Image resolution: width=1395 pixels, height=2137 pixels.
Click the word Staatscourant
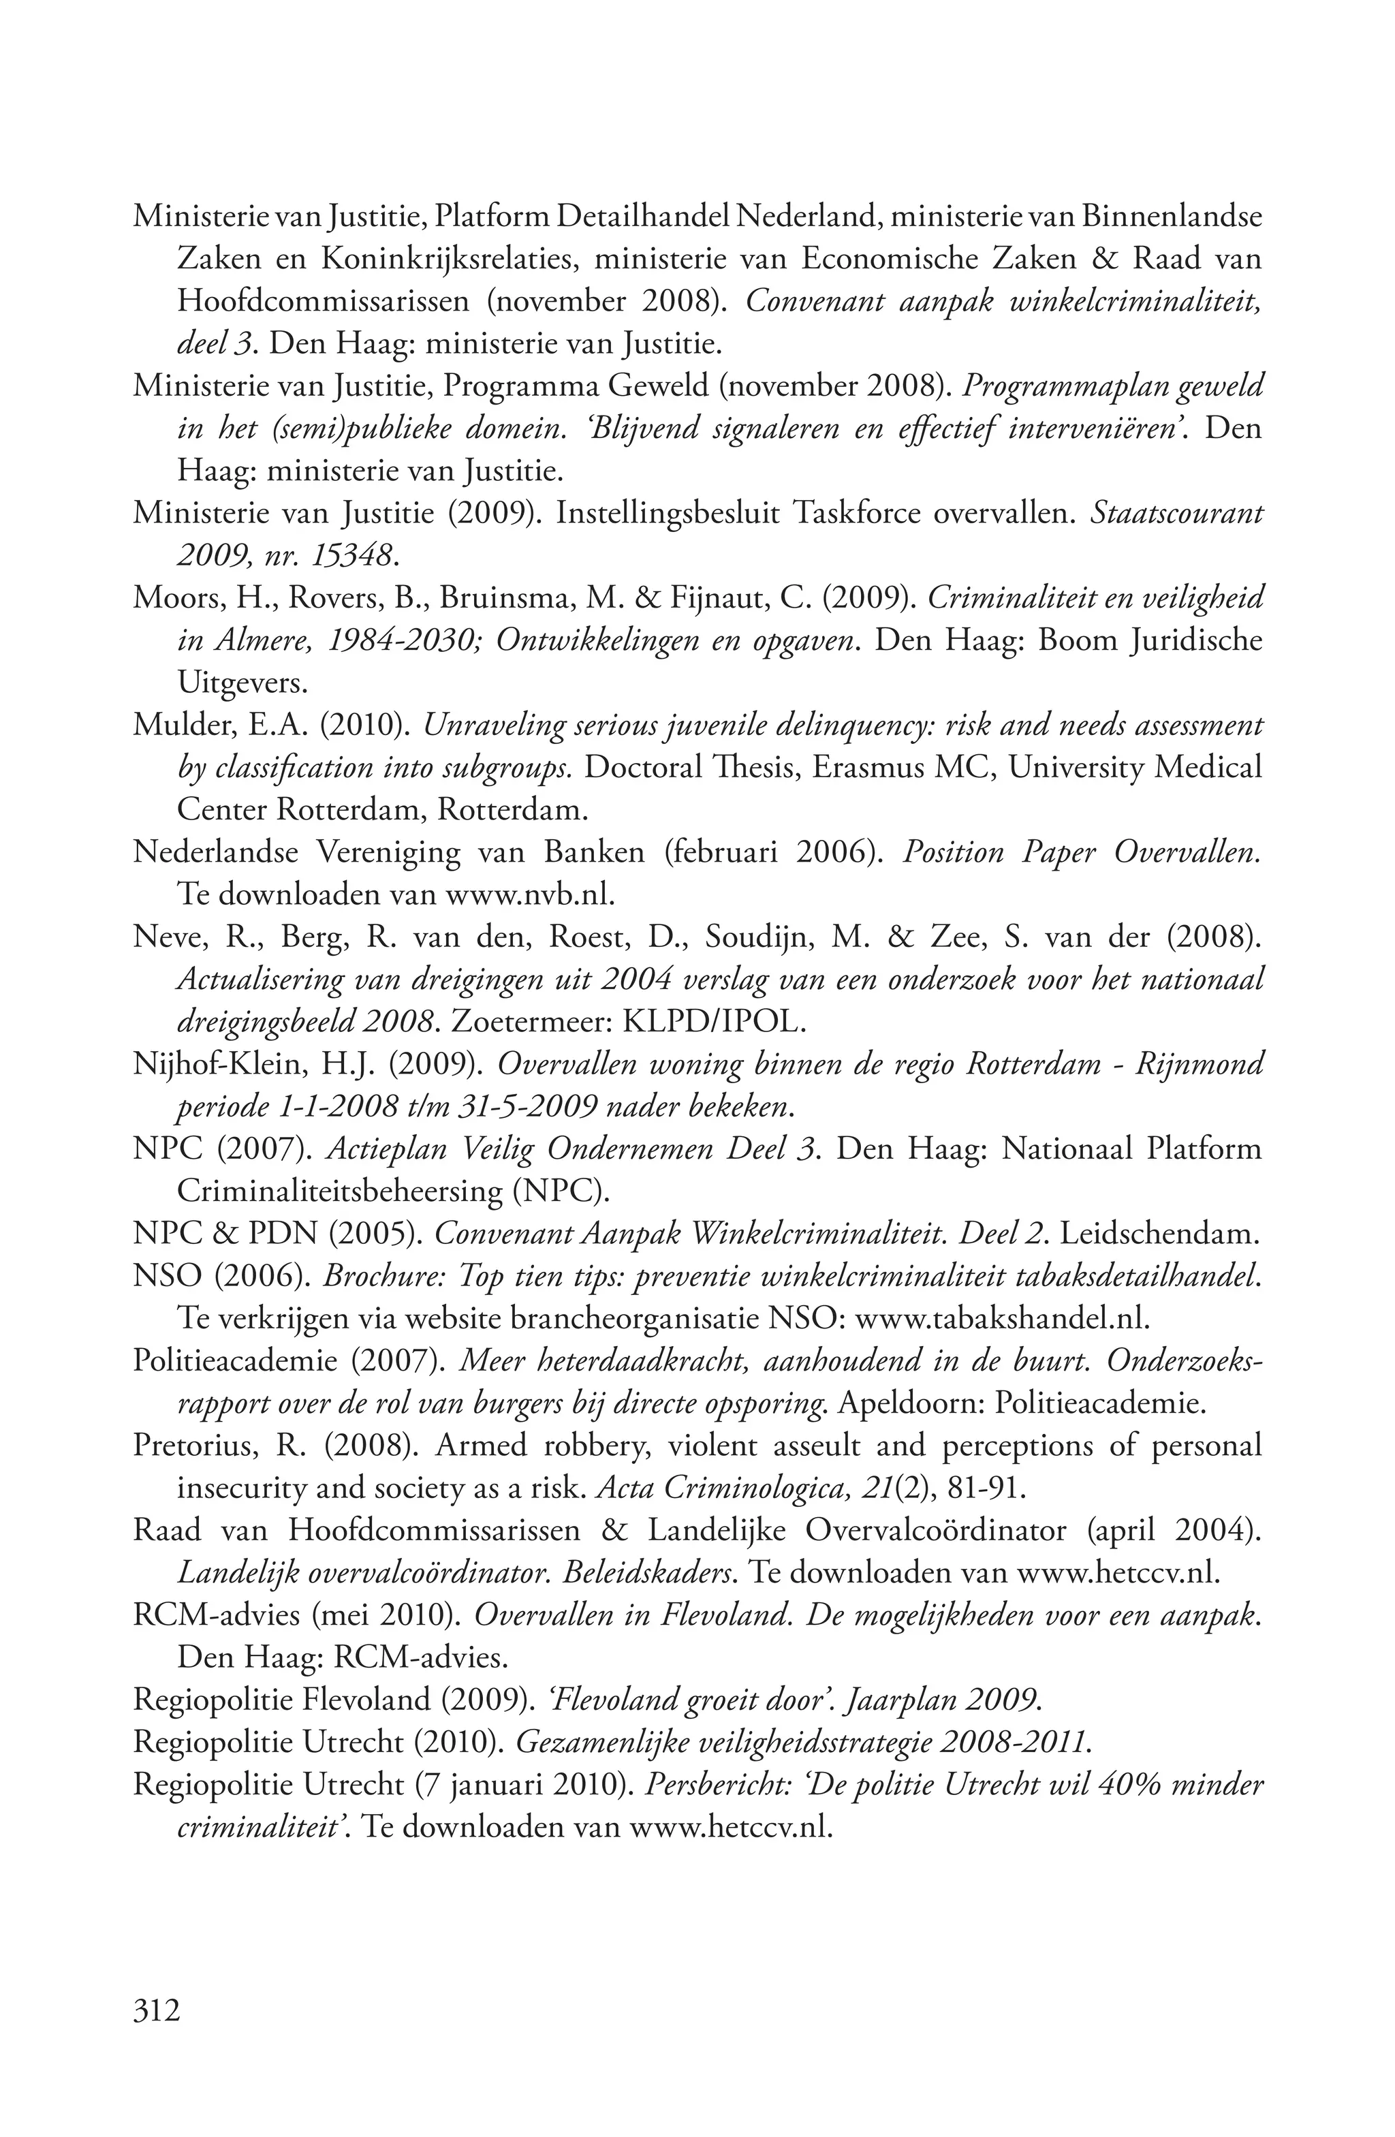(x=1177, y=514)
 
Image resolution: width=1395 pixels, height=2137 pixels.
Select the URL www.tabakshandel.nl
(x=1002, y=1319)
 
